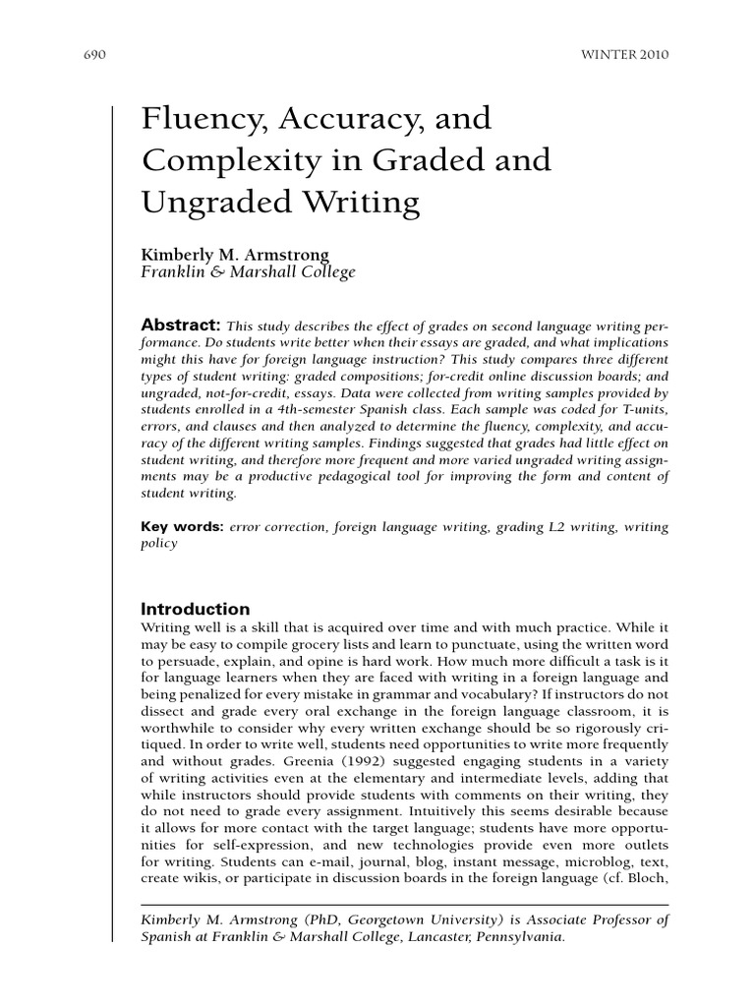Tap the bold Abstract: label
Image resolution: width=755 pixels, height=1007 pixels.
[181, 326]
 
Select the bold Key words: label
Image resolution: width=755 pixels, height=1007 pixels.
[183, 527]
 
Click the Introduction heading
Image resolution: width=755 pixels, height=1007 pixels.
[196, 609]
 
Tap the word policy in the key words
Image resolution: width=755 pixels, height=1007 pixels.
[160, 543]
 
